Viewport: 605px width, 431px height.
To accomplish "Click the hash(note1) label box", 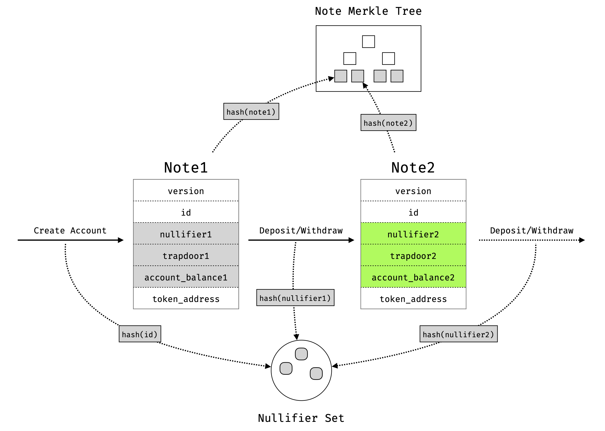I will point(251,111).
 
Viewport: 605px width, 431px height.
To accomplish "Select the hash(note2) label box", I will point(388,123).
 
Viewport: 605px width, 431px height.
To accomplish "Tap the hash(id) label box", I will point(140,334).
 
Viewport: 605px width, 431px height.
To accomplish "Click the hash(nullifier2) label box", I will point(458,334).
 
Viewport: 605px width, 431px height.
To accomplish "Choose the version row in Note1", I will point(186,191).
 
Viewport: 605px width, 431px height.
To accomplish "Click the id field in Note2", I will point(413,212).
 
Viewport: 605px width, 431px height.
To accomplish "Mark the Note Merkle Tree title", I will point(368,11).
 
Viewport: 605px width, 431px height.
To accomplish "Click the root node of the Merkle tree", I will point(368,42).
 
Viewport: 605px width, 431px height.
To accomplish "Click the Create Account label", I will point(70,230).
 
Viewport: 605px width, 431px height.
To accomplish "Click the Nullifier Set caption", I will point(301,418).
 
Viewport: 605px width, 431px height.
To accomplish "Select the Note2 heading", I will point(413,168).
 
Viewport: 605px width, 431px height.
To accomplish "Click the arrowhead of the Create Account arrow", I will point(121,240).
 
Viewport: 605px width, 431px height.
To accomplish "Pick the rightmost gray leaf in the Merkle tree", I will point(397,76).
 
